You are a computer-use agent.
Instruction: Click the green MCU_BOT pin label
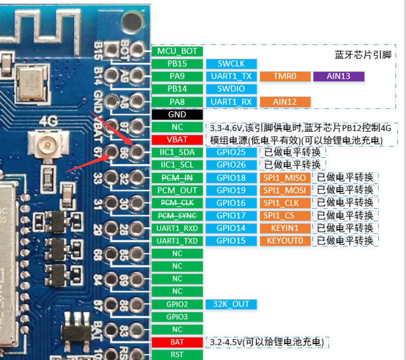(x=177, y=51)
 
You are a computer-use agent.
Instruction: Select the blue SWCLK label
(x=231, y=63)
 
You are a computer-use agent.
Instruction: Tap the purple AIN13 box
(x=338, y=76)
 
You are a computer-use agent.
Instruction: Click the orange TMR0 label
(x=285, y=76)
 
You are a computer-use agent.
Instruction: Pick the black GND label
(x=177, y=114)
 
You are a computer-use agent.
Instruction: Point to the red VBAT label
(x=177, y=139)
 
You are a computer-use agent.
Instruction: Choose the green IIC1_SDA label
(x=177, y=152)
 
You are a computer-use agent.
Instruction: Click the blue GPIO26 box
(x=231, y=165)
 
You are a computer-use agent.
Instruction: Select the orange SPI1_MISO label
(x=285, y=177)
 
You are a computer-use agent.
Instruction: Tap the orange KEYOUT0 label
(x=285, y=241)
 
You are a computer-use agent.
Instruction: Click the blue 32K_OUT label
(x=231, y=304)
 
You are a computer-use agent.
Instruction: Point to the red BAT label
(x=177, y=342)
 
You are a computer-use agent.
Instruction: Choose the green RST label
(x=177, y=355)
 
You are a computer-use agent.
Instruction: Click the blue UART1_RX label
(x=231, y=101)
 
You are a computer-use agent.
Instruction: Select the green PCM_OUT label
(x=177, y=190)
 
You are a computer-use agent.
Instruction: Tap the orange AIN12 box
(x=285, y=101)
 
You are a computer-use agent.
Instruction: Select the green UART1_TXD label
(x=177, y=241)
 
